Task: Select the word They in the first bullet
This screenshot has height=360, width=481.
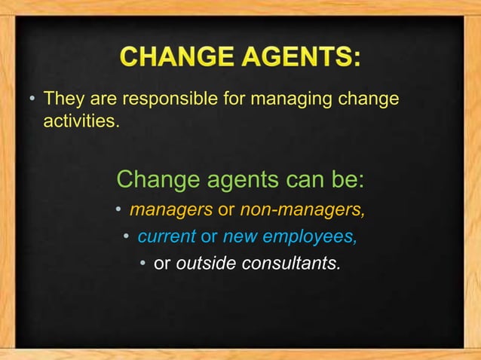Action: tap(62, 99)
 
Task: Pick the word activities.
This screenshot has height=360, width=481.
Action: tap(81, 120)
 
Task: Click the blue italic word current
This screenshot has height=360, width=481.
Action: tap(165, 237)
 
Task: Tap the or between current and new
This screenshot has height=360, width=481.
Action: tap(208, 237)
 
